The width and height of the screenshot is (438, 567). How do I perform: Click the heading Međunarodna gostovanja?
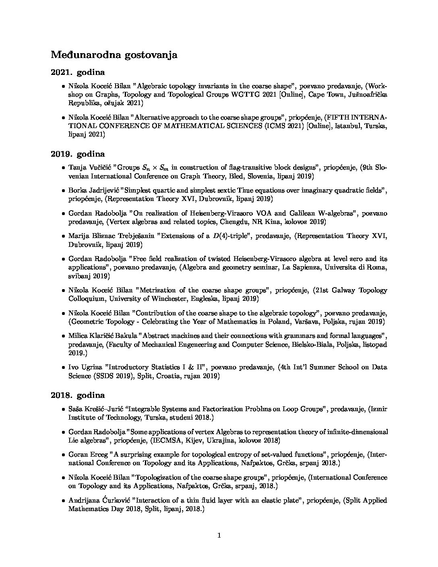pyautogui.click(x=114, y=55)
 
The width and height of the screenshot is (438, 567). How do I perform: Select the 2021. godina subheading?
pyautogui.click(x=78, y=72)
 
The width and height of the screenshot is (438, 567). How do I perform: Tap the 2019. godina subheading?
pyautogui.click(x=78, y=154)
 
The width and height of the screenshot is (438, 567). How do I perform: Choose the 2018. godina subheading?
pyautogui.click(x=78, y=395)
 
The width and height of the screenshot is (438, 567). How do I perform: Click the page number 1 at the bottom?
pyautogui.click(x=219, y=535)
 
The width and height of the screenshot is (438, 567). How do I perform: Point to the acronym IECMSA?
pyautogui.click(x=166, y=441)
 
